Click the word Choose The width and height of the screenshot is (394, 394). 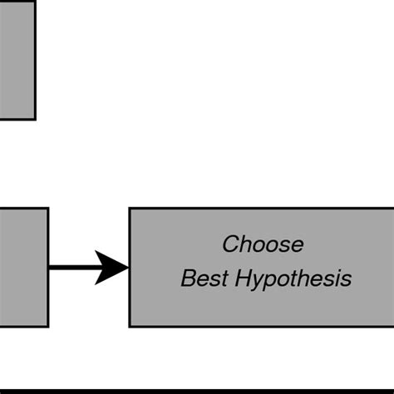(263, 244)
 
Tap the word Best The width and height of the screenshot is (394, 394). (199, 278)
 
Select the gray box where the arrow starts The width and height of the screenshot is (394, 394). (23, 267)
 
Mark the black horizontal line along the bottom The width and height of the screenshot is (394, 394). (197, 389)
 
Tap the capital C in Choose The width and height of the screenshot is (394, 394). (231, 244)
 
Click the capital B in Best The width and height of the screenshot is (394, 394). (187, 278)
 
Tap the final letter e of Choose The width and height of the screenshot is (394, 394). (298, 245)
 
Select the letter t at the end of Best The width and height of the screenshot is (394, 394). (217, 278)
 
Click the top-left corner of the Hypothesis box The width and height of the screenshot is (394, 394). (130, 209)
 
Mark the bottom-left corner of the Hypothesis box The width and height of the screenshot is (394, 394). (130, 326)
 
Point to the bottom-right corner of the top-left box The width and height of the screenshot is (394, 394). (35, 119)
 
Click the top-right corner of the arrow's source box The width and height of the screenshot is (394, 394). (47, 209)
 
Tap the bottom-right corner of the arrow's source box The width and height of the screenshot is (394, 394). (47, 326)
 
